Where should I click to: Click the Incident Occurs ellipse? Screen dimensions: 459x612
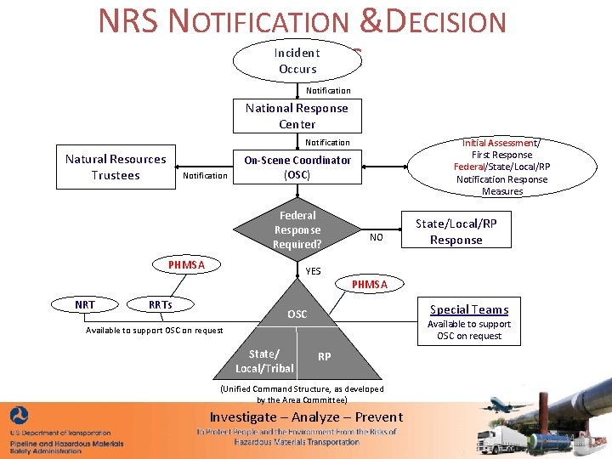pos(297,60)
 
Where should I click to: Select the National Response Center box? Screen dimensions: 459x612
pos(297,116)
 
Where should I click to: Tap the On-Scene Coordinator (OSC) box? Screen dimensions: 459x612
pos(297,167)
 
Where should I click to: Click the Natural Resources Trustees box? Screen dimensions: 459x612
pos(116,167)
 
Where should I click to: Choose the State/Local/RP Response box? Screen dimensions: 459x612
pos(456,231)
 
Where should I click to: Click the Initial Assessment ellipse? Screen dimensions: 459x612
pos(501,167)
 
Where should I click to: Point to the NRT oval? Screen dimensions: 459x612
pos(85,304)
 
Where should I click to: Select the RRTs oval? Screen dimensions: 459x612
pos(161,304)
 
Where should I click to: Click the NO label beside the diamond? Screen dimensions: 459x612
pos(377,238)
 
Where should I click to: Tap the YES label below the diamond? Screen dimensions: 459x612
pos(313,272)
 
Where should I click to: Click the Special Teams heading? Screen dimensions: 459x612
pos(468,309)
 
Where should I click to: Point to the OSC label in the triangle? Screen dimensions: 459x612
pos(297,314)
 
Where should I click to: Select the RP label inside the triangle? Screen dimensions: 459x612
pos(325,357)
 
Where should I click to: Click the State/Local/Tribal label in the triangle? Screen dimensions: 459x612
pos(264,361)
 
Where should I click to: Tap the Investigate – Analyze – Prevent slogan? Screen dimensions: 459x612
pos(306,416)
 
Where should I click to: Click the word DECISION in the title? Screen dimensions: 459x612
pos(446,21)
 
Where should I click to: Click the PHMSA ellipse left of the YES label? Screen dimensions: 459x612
pos(186,265)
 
